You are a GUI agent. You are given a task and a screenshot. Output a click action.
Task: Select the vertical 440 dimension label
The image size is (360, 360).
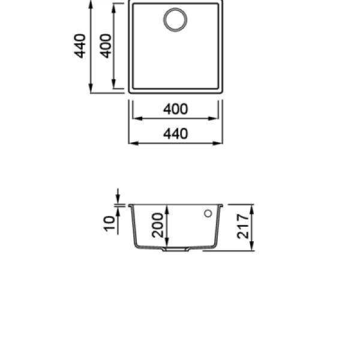pos(80,46)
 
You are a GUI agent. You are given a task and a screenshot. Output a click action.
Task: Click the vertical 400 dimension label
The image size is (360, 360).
pos(106,46)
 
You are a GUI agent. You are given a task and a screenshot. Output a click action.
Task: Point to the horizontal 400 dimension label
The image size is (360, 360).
pos(176,109)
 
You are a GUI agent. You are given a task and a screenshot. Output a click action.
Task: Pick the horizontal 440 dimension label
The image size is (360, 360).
pos(176,134)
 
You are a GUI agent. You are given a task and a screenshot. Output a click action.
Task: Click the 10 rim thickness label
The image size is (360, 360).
pos(109,224)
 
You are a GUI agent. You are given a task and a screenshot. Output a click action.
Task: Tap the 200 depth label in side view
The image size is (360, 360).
pos(157,225)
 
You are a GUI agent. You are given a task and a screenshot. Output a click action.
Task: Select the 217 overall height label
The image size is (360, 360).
pos(243,226)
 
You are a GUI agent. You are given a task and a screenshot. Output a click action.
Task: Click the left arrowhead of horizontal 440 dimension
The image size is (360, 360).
pos(134,143)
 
